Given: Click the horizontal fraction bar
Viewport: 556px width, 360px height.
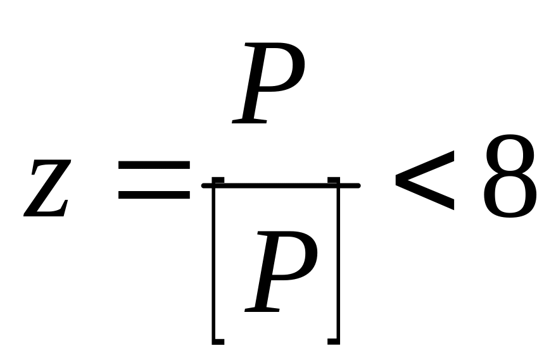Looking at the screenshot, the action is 281,185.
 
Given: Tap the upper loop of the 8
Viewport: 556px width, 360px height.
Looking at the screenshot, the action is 510,155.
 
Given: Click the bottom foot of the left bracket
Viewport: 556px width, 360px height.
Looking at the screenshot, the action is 218,342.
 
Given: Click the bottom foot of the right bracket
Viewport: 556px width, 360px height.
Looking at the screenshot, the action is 334,342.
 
